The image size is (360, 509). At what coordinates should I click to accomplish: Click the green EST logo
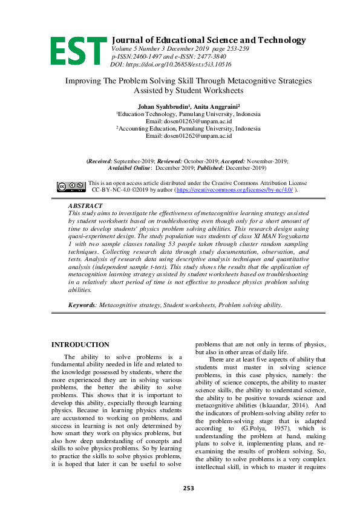pos(78,50)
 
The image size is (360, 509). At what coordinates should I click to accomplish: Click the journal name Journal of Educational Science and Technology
pos(209,40)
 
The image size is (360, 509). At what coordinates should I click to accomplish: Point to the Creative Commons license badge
pos(71,187)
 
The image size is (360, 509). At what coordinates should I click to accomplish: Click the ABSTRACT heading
pos(85,206)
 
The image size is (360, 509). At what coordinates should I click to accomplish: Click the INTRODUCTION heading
pos(80,345)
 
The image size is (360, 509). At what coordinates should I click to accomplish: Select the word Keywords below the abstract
pos(82,305)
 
